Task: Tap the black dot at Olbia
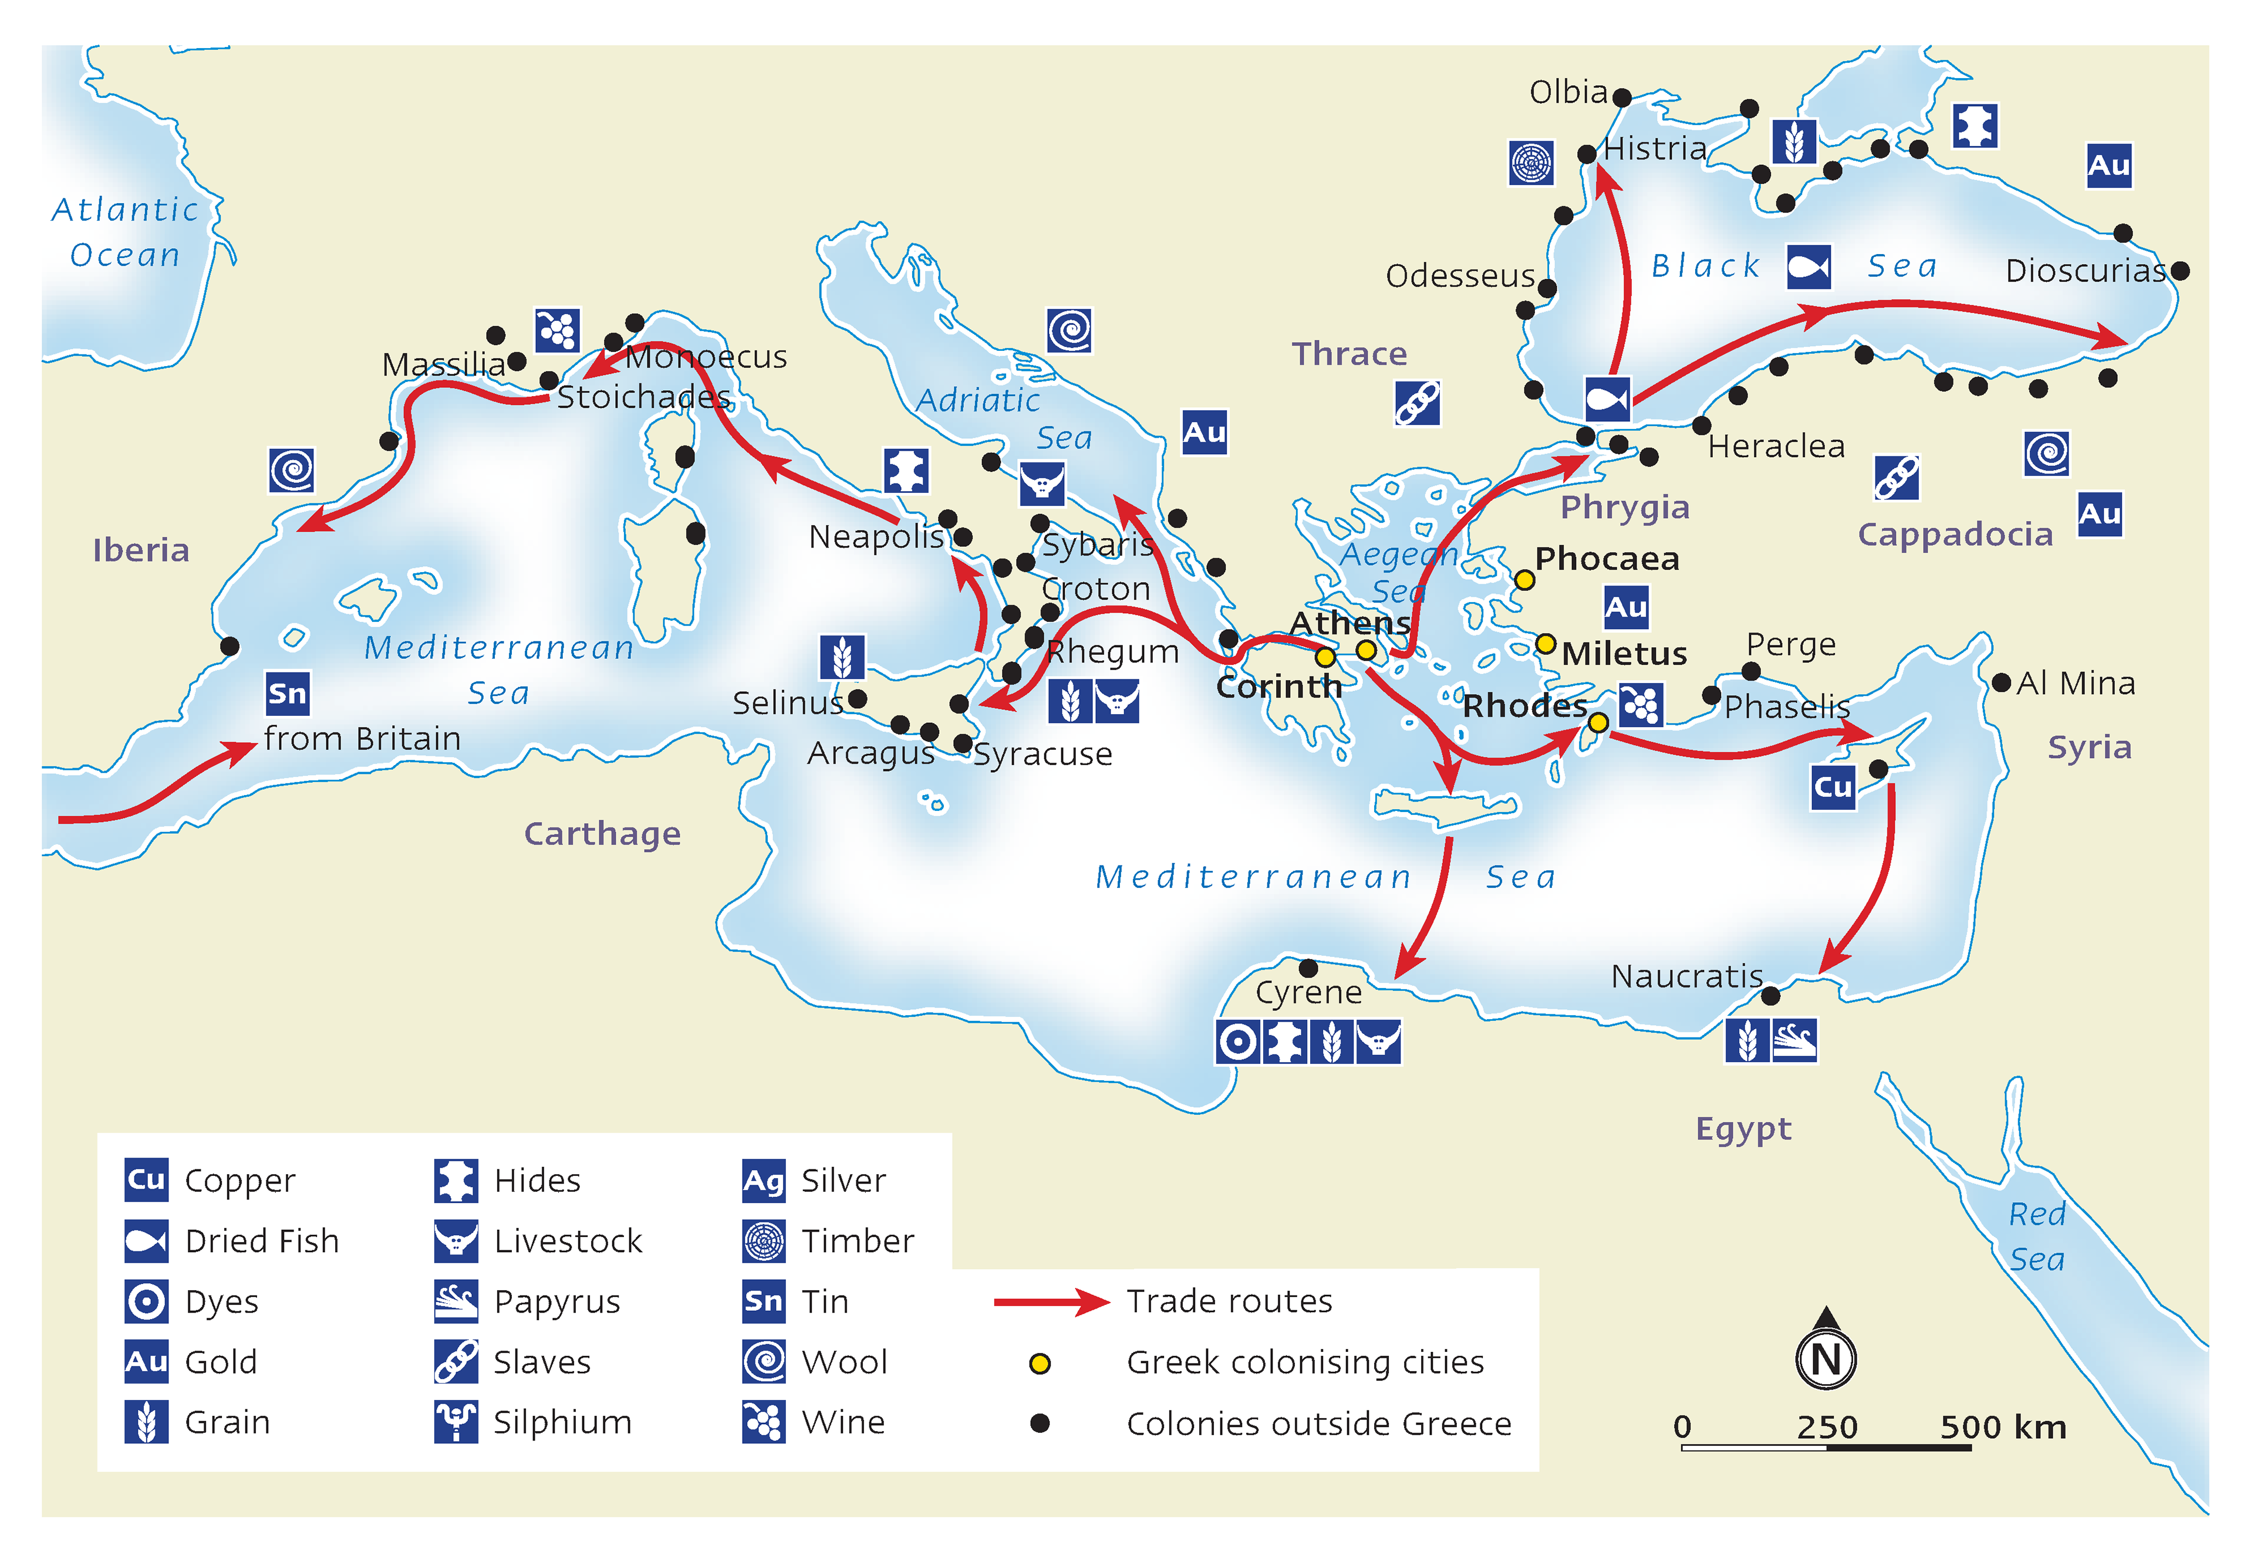(1622, 97)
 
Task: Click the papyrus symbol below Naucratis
(1794, 1040)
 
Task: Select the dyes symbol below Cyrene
(1238, 1042)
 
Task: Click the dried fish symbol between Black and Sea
(1808, 266)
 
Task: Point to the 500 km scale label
(2002, 1427)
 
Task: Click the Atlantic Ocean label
(125, 232)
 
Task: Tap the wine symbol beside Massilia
(557, 330)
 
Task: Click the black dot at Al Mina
(2001, 683)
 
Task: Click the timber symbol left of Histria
(1531, 163)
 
